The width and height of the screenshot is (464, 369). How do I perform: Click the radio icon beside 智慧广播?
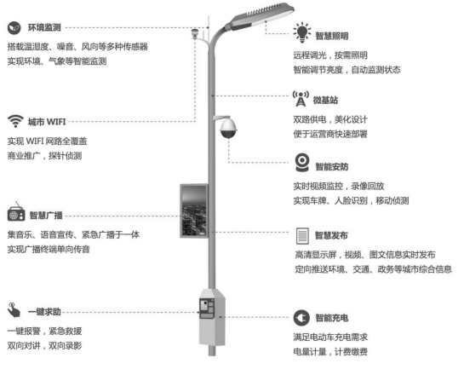coord(15,213)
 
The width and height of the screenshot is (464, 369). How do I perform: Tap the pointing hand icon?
coord(14,308)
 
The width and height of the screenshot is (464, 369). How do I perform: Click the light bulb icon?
coord(301,34)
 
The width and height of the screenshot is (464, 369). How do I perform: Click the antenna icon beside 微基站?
coord(301,97)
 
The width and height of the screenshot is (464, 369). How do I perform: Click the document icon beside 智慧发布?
coord(301,234)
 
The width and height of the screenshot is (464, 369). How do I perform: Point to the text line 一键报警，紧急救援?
coord(44,331)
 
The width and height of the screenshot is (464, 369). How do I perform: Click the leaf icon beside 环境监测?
coord(15,26)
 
